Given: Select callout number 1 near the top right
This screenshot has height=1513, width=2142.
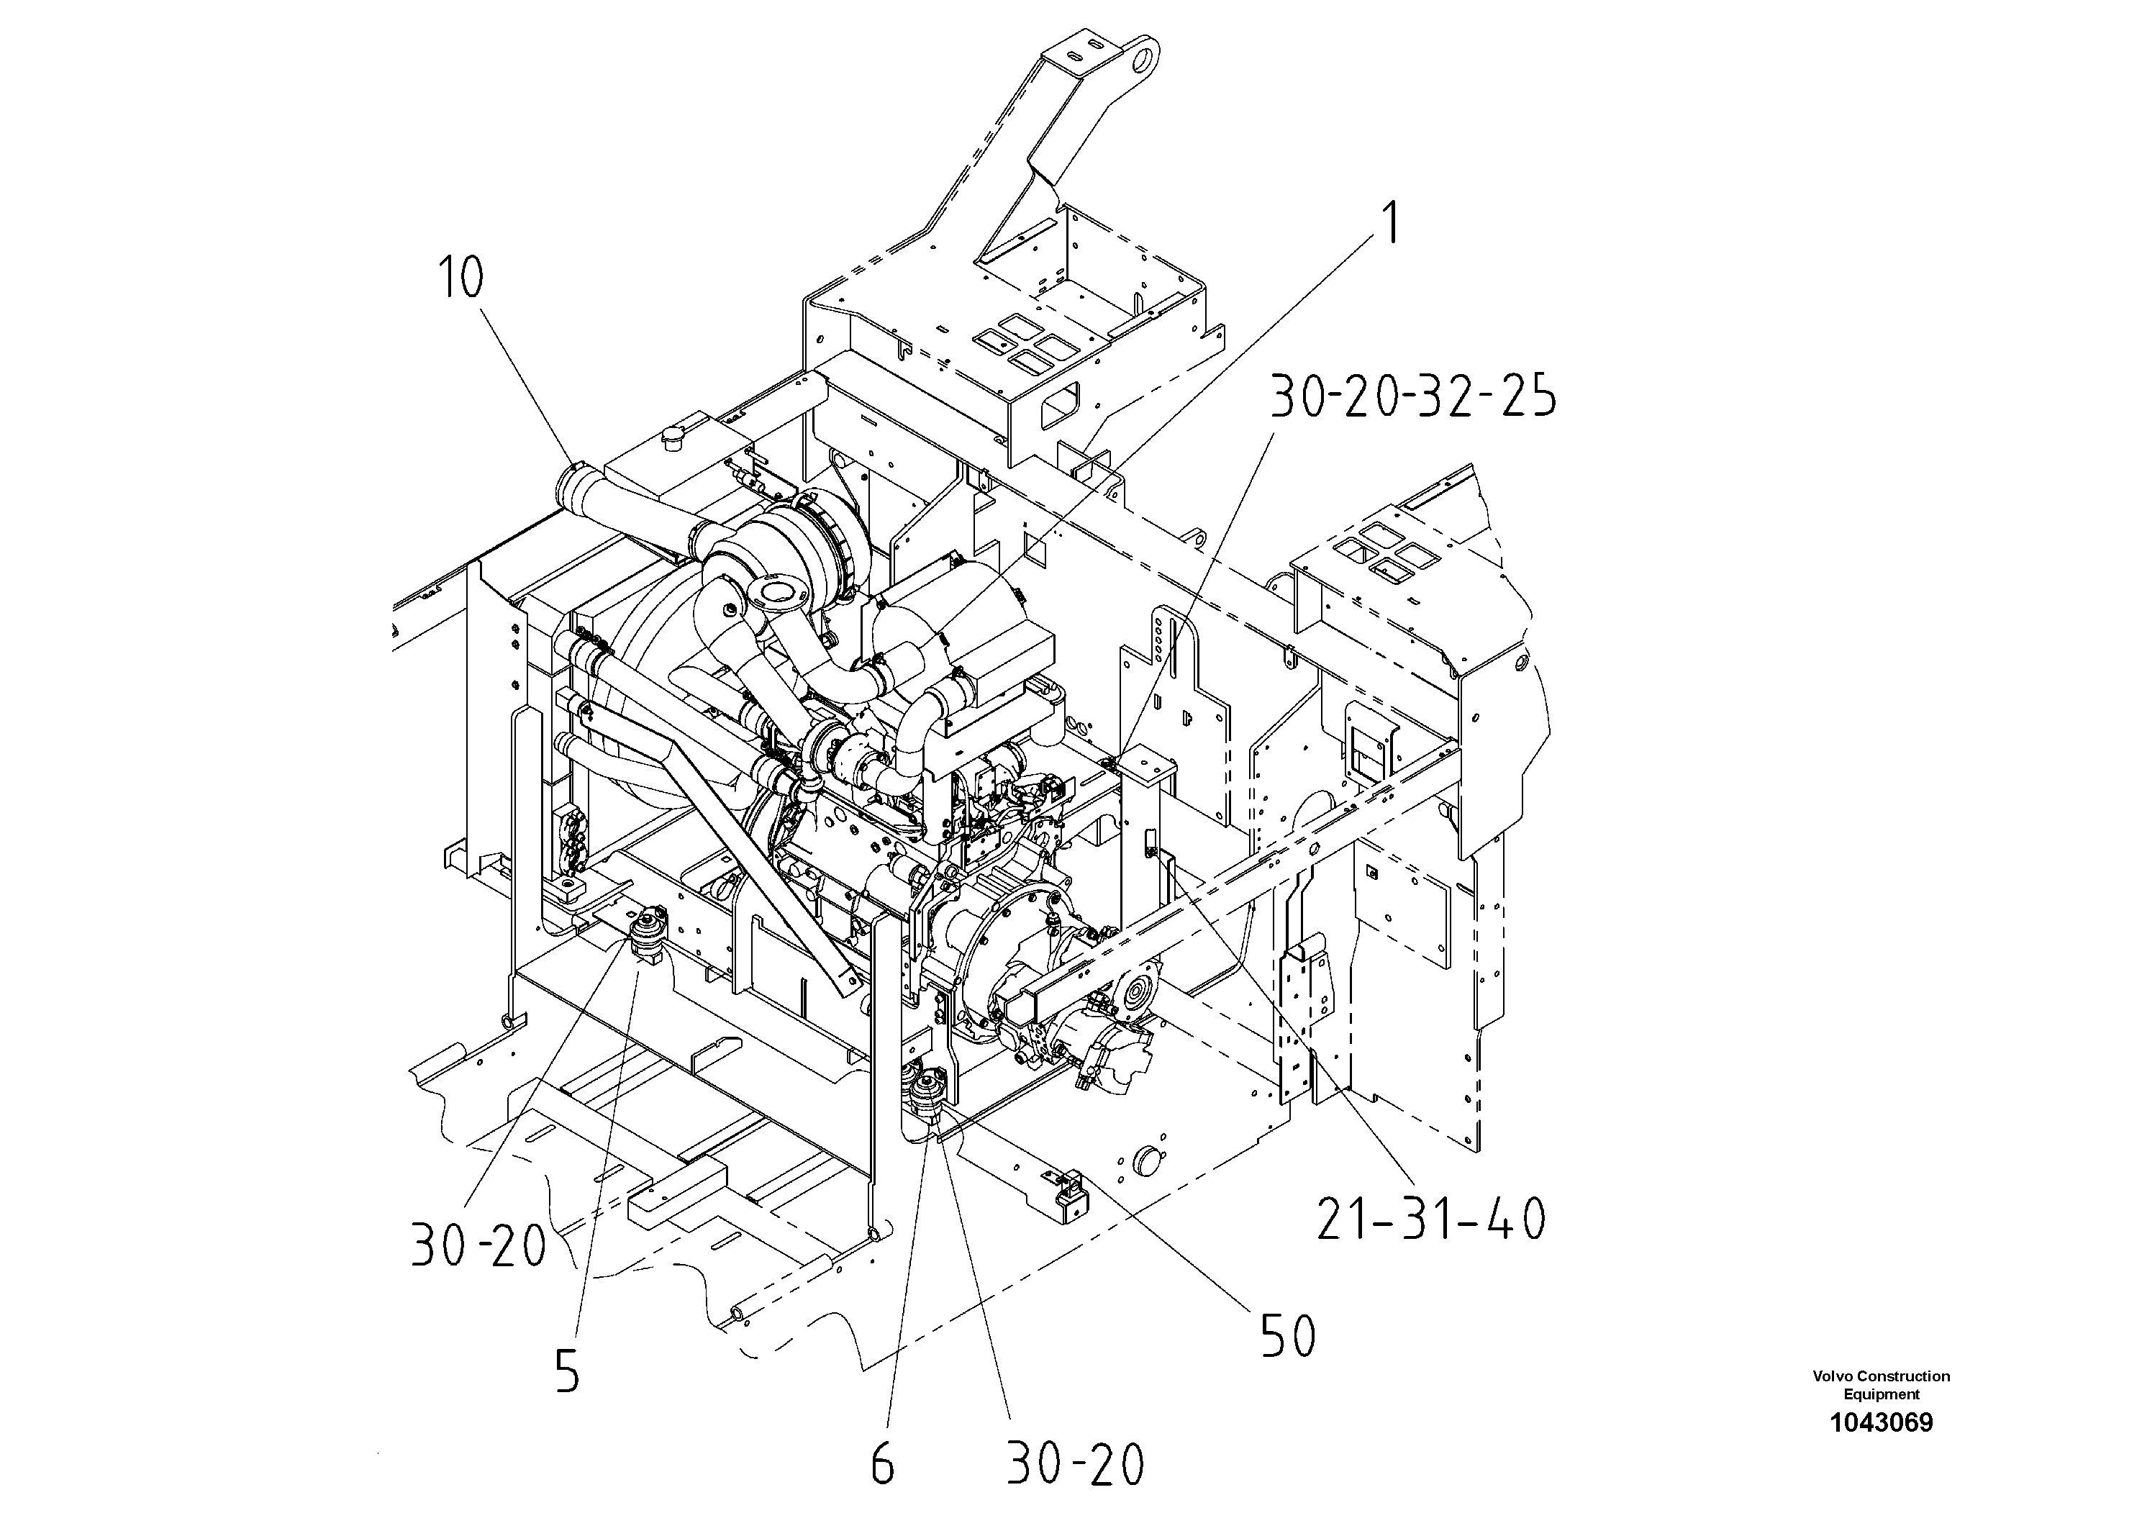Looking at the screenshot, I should [x=1391, y=224].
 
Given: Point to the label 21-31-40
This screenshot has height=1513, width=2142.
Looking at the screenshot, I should [x=1431, y=1219].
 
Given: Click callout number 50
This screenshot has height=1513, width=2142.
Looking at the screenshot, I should [x=1289, y=1337].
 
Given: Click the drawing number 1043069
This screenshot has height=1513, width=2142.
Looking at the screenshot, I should [x=1881, y=1422].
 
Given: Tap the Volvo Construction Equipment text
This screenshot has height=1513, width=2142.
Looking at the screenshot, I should [x=1881, y=1384].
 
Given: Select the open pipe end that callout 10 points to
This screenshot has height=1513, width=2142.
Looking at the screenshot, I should [x=571, y=484].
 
